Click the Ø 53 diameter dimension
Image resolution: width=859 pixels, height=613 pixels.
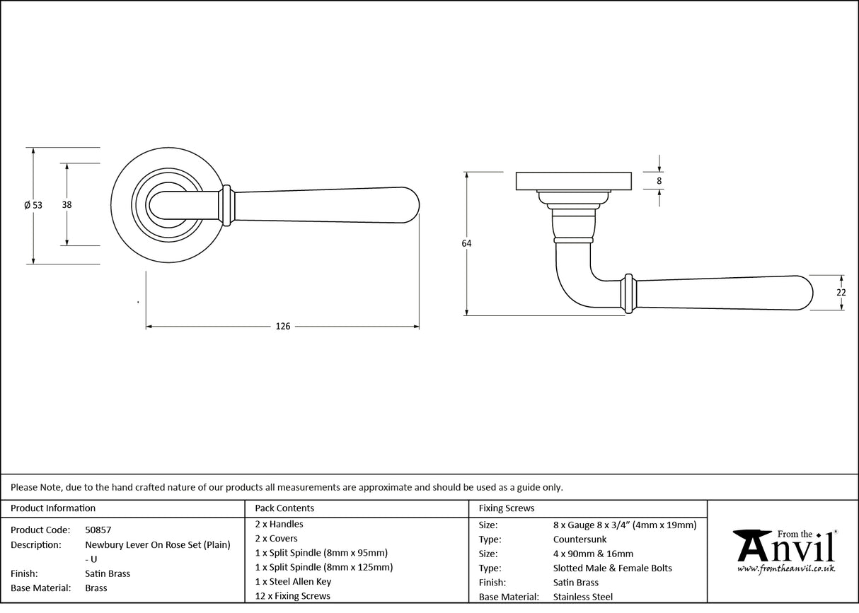[x=33, y=205]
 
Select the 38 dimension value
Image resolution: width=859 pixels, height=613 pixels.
[x=67, y=205]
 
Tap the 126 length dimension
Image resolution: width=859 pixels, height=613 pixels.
[x=283, y=327]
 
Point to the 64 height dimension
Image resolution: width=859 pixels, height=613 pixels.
[x=466, y=243]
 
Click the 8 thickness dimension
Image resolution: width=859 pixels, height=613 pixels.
[x=659, y=181]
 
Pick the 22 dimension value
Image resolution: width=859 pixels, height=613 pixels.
[x=841, y=292]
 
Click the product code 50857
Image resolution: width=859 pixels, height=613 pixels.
[x=98, y=530]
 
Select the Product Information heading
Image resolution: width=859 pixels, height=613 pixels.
[x=53, y=508]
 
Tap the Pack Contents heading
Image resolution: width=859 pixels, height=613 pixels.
[x=284, y=508]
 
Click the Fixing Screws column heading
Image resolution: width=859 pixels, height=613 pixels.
[x=507, y=508]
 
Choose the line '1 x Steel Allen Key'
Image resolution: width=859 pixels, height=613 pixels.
[x=293, y=581]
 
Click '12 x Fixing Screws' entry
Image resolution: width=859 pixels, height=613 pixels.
[x=292, y=596]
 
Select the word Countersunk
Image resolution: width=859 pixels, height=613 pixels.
[x=580, y=539]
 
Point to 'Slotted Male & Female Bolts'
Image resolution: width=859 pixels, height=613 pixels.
[x=613, y=568]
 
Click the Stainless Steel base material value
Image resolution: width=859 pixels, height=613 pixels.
[x=583, y=597]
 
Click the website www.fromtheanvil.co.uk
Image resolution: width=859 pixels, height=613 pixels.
[x=785, y=568]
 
